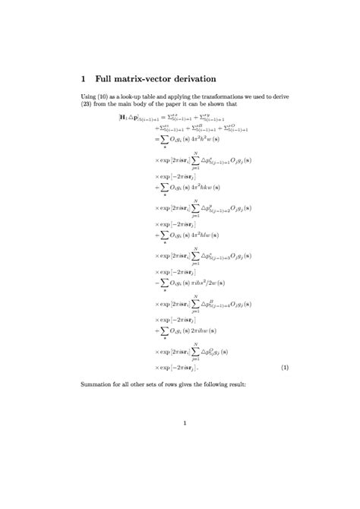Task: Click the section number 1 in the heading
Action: click(x=84, y=78)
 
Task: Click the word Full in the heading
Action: click(x=106, y=78)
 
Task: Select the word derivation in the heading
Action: click(x=189, y=78)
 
